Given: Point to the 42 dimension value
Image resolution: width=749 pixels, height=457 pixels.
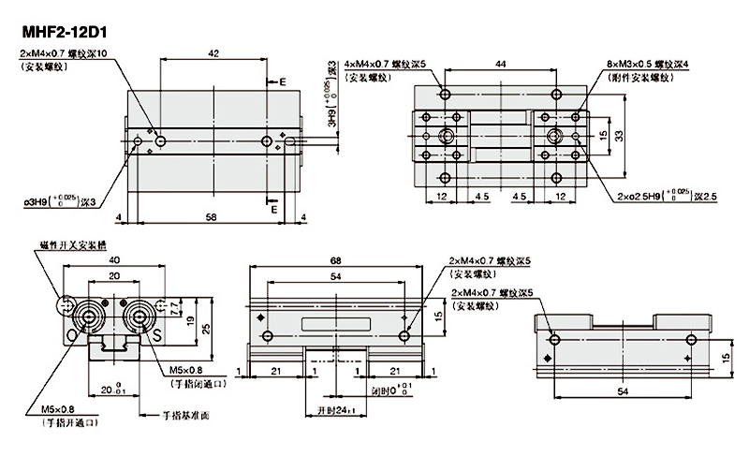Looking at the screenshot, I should coord(214,54).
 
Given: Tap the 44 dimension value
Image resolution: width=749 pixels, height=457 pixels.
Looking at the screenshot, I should coord(502,62).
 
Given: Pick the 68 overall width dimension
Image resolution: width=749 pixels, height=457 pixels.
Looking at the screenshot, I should coord(335,260).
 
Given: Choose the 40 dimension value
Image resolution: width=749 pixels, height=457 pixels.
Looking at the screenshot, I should coord(114,260).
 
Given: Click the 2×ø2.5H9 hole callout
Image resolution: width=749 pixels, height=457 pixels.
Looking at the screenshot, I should coord(668,197).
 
